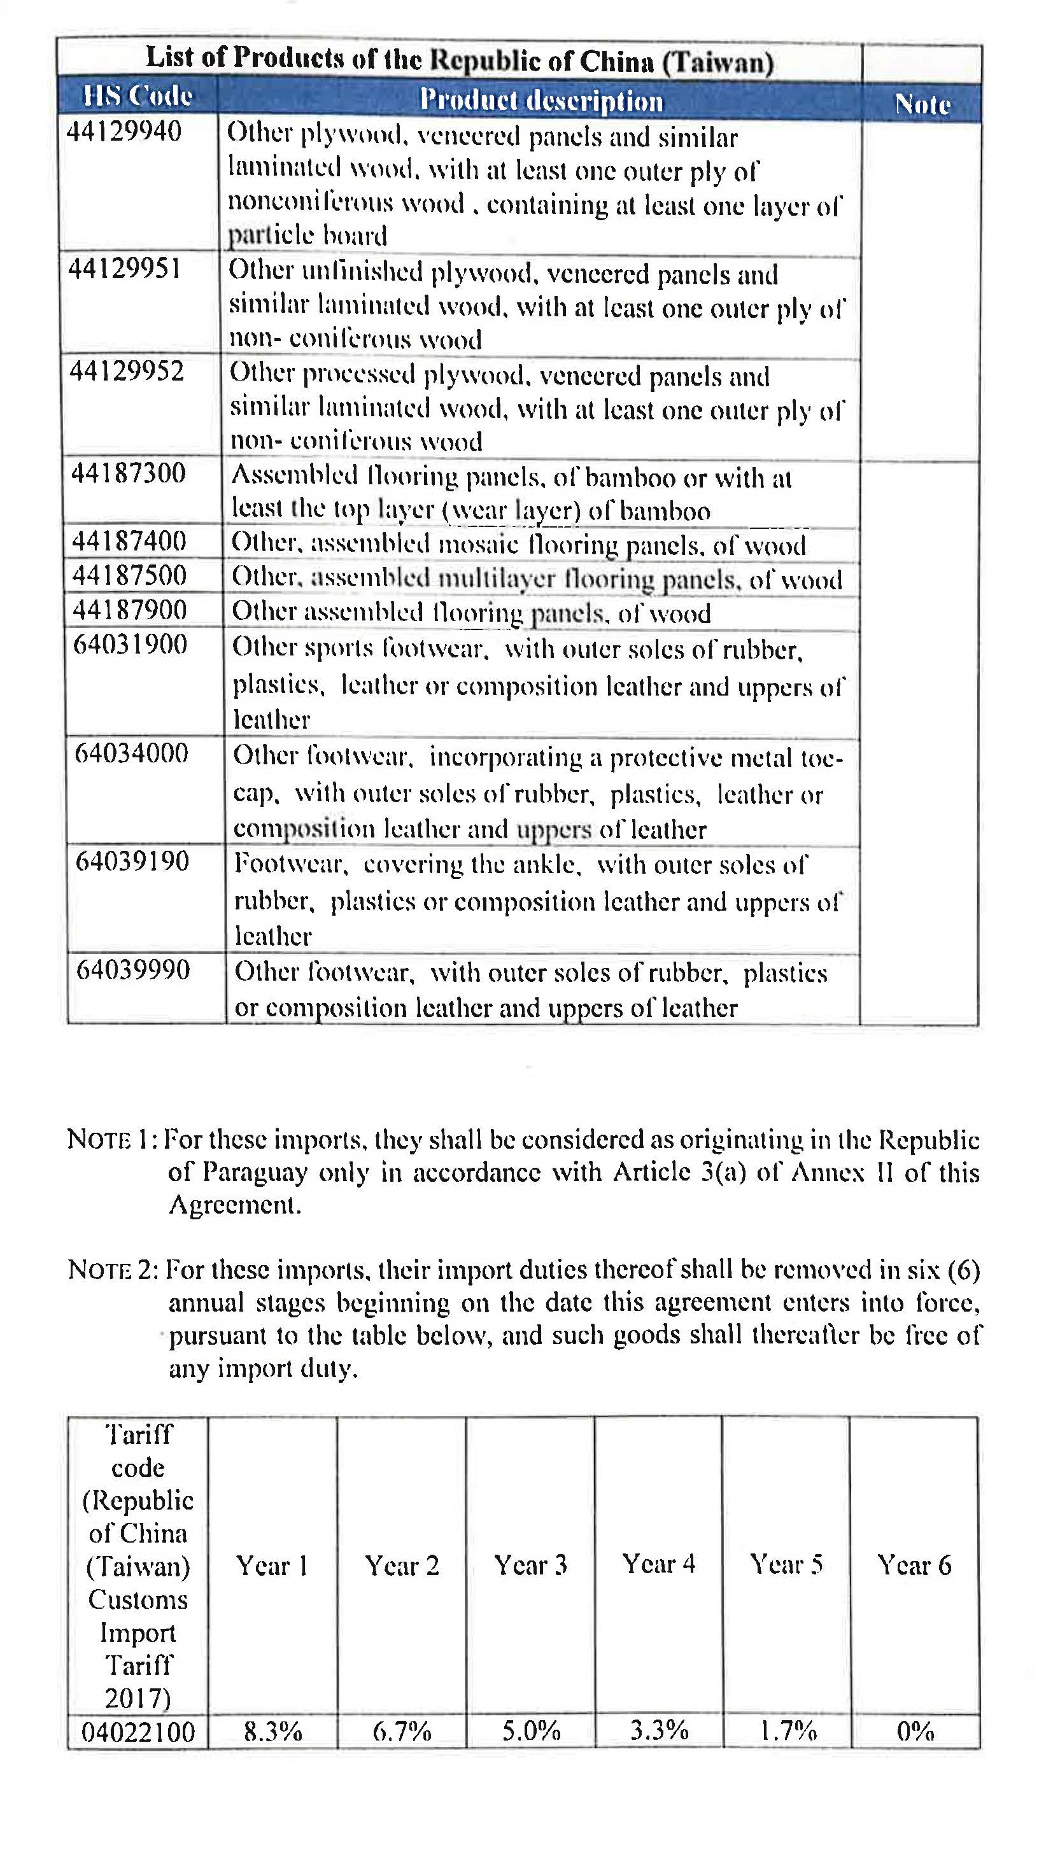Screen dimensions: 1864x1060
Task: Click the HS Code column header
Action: coord(137,96)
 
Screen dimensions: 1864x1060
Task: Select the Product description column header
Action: coord(541,101)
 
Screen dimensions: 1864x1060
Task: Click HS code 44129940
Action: coord(124,132)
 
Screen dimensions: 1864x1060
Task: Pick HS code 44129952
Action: coord(127,372)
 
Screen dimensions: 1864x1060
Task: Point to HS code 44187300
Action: coord(128,473)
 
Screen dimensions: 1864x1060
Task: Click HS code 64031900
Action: coord(131,645)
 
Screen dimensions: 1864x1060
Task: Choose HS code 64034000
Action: coord(132,753)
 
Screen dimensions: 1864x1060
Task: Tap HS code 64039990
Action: coord(133,970)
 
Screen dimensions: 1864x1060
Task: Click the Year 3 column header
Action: coord(530,1565)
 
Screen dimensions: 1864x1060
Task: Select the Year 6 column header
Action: coord(914,1565)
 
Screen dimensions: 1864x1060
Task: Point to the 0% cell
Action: coord(915,1731)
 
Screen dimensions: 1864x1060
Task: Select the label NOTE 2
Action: coord(112,1270)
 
